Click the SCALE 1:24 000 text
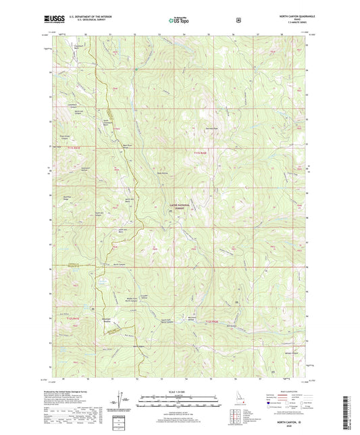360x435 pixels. [x=179, y=392]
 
